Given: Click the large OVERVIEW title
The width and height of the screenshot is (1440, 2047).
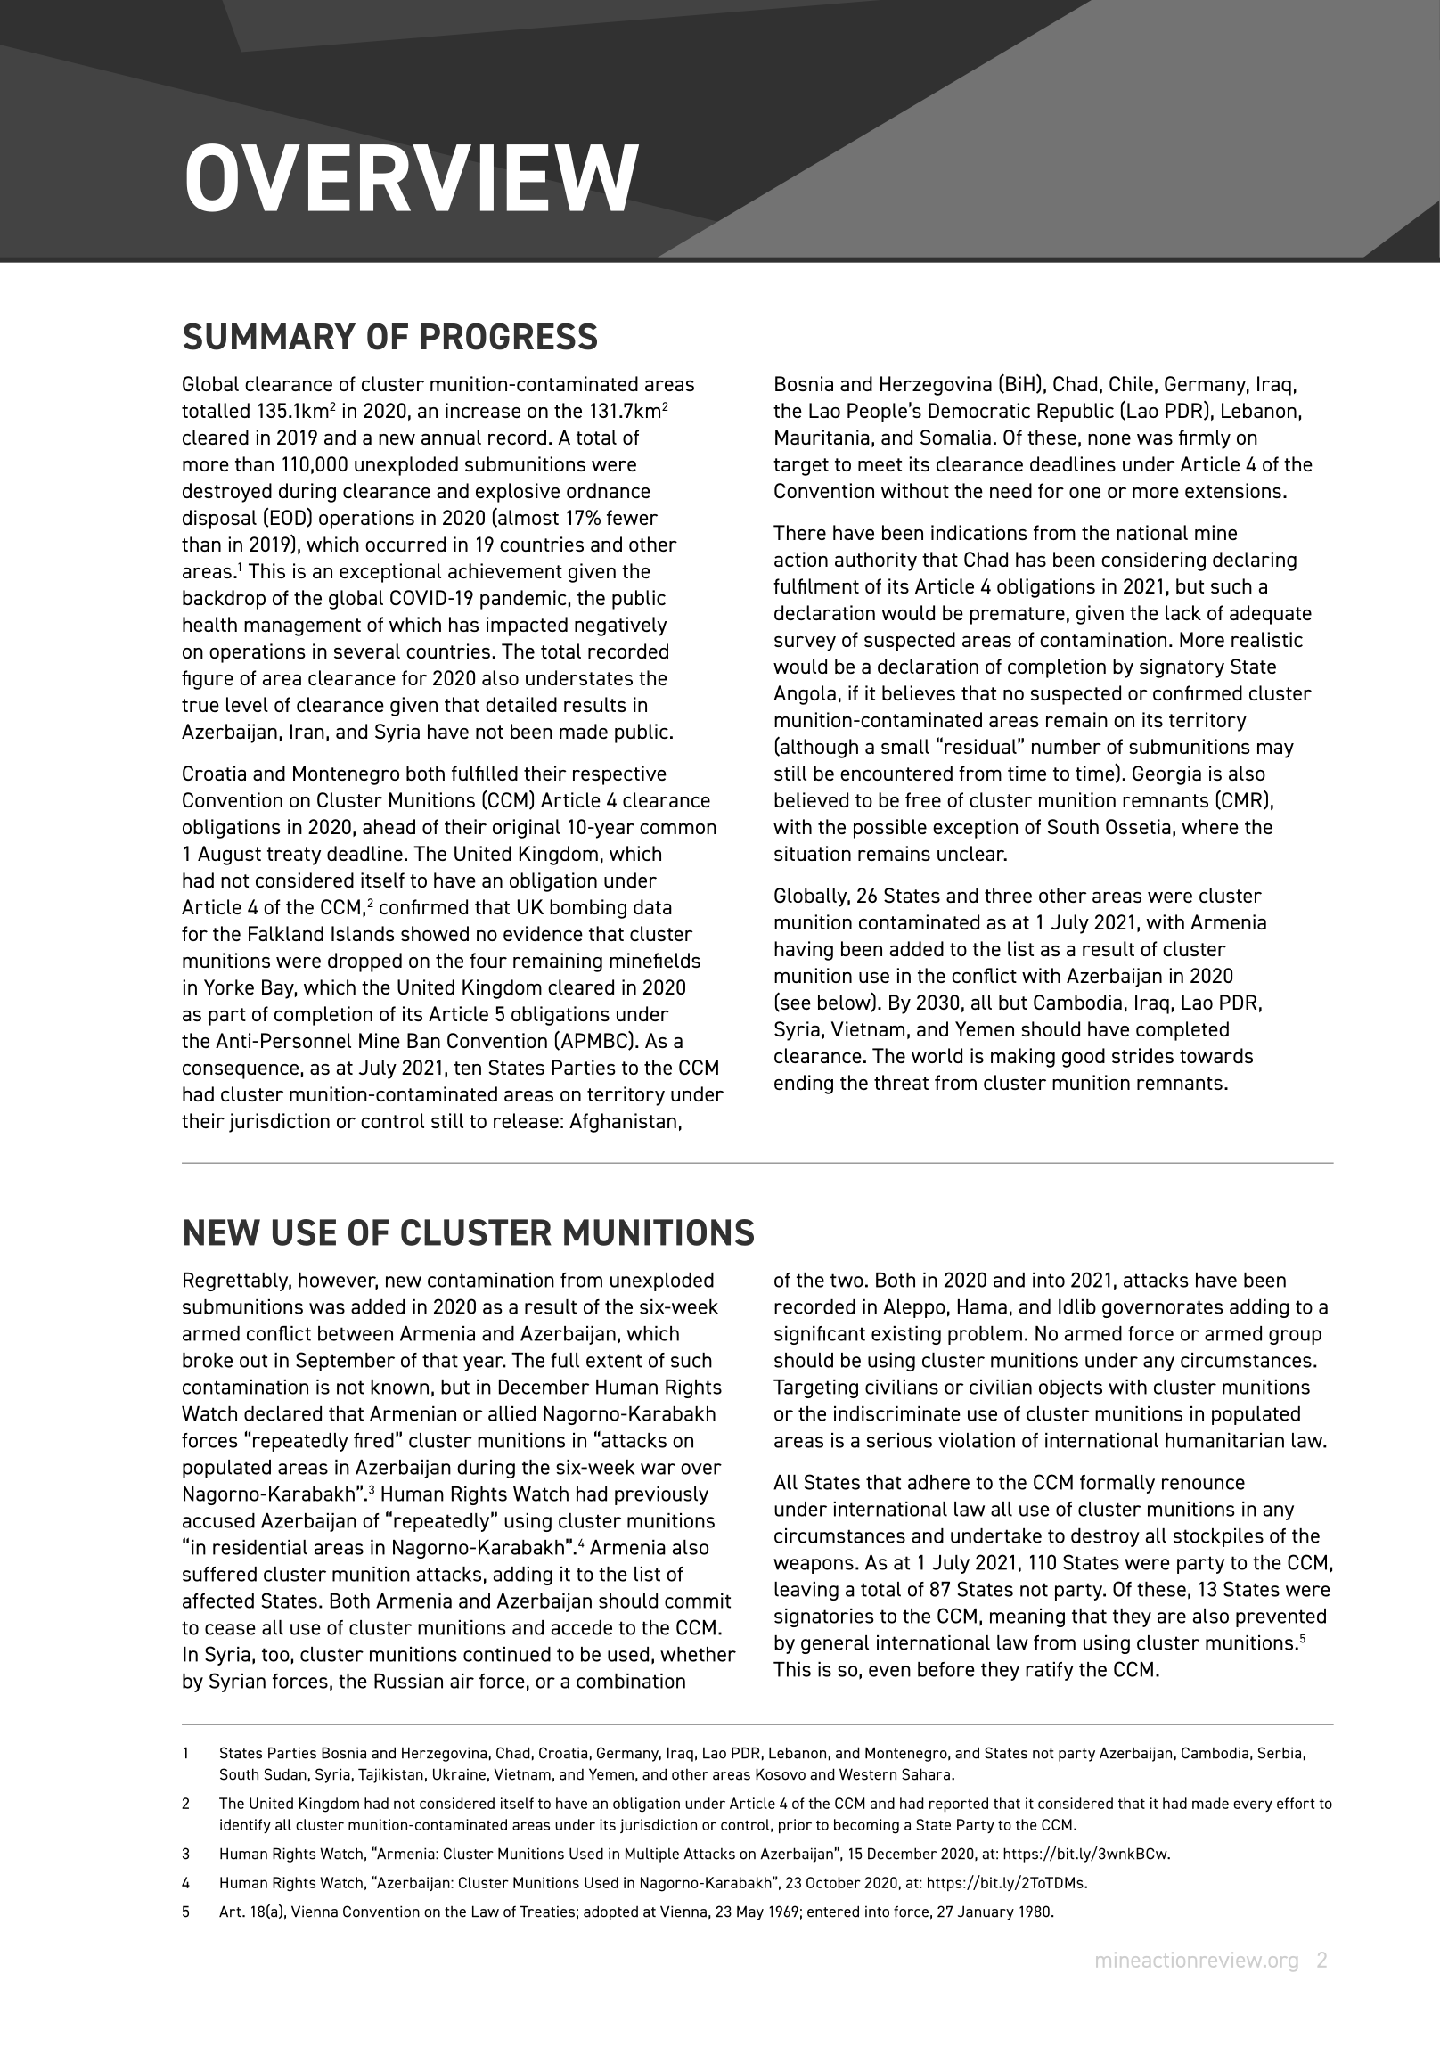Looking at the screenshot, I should pyautogui.click(x=411, y=177).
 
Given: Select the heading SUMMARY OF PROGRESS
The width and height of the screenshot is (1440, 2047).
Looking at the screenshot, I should pyautogui.click(x=389, y=338).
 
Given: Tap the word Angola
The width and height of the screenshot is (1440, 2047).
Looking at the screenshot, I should pyautogui.click(x=803, y=693).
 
